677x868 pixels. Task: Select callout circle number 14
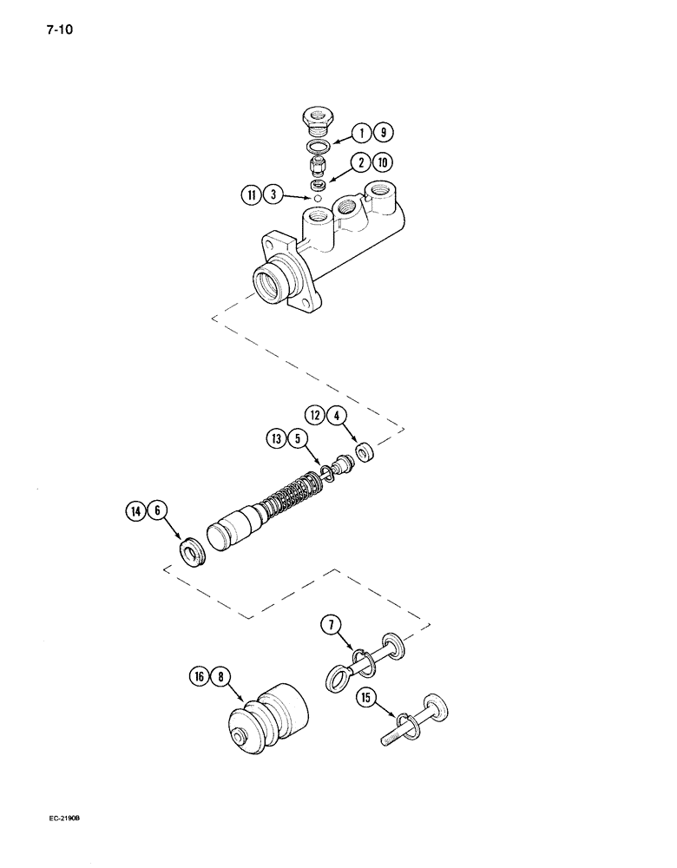135,512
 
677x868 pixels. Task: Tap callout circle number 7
330,623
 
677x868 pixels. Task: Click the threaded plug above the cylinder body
319,117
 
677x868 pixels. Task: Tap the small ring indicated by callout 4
365,453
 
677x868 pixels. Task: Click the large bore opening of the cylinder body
269,282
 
